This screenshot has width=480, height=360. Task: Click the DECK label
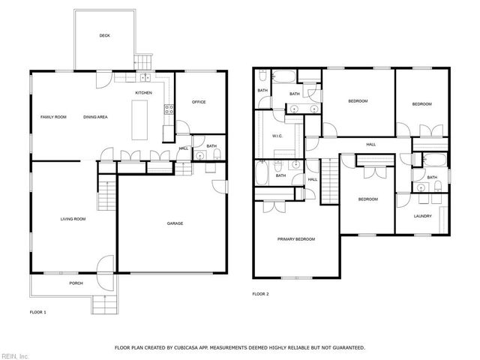pos(104,35)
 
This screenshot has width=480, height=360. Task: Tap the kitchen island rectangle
pos(139,120)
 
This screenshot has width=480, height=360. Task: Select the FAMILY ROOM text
pos(53,117)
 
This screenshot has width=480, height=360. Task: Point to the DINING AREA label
pos(96,117)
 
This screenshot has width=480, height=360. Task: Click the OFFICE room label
pos(199,102)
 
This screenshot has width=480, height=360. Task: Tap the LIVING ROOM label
pos(73,219)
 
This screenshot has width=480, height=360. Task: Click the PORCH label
pos(76,283)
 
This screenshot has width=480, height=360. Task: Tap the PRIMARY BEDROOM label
pos(296,239)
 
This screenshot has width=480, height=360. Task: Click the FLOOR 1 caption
pos(37,310)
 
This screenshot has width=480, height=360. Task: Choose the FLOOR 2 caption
pos(260,293)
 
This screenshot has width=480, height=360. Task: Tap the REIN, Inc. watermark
pos(15,355)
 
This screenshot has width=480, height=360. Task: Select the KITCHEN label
pos(143,92)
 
